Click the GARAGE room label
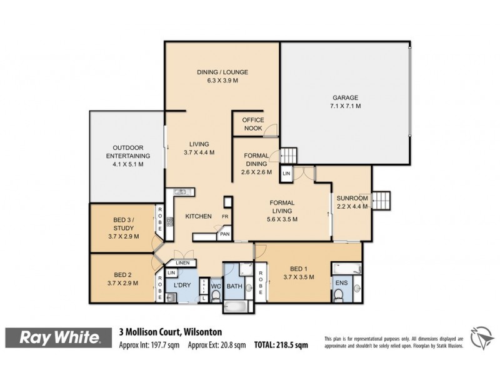(x=345, y=98)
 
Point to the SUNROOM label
(x=353, y=198)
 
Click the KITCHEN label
(x=197, y=216)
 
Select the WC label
(x=215, y=287)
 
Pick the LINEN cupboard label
(x=182, y=263)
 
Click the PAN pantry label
(x=224, y=235)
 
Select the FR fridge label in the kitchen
(x=224, y=217)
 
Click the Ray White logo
(x=61, y=338)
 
